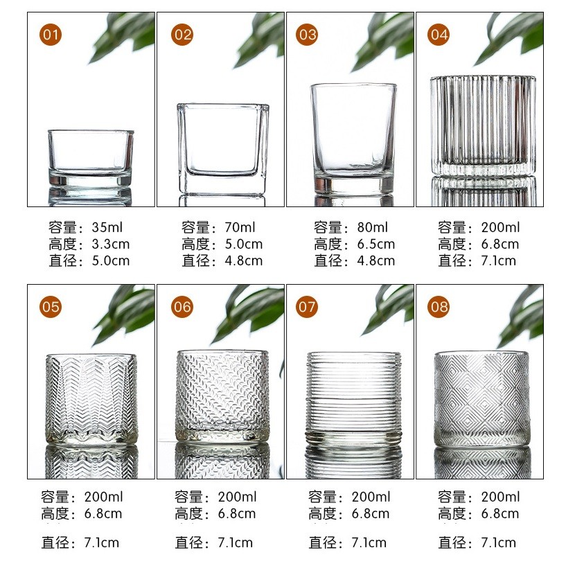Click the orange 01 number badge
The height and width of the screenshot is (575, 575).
[51, 35]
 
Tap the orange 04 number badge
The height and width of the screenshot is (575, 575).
[439, 35]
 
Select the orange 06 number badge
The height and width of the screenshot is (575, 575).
[182, 307]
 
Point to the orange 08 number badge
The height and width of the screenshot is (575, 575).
[439, 307]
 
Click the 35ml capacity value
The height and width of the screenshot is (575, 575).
[107, 227]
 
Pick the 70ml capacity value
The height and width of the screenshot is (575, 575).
[240, 227]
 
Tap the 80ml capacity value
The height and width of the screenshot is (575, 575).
[373, 227]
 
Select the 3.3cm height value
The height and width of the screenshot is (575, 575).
[111, 245]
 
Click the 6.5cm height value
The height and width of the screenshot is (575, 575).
[376, 245]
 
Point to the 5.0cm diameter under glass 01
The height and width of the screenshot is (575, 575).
[111, 260]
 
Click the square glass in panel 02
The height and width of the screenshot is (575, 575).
[223, 149]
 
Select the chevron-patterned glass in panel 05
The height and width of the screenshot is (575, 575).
[91, 400]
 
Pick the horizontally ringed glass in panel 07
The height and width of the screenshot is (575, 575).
[353, 399]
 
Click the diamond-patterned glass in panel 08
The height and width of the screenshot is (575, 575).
[482, 399]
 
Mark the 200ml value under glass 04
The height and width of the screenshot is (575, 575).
[501, 227]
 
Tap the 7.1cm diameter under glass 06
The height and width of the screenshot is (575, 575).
[236, 542]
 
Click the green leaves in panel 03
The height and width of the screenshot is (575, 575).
[382, 40]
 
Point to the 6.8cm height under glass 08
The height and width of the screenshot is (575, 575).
[500, 514]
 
